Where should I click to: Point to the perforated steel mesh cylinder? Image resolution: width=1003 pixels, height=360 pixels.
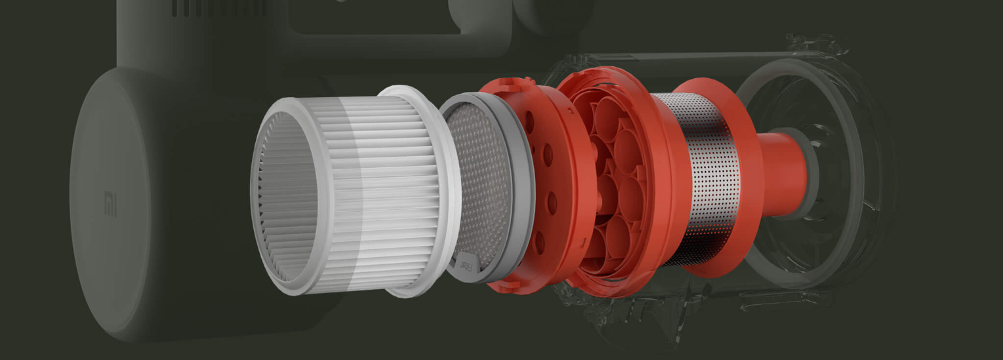695,177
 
